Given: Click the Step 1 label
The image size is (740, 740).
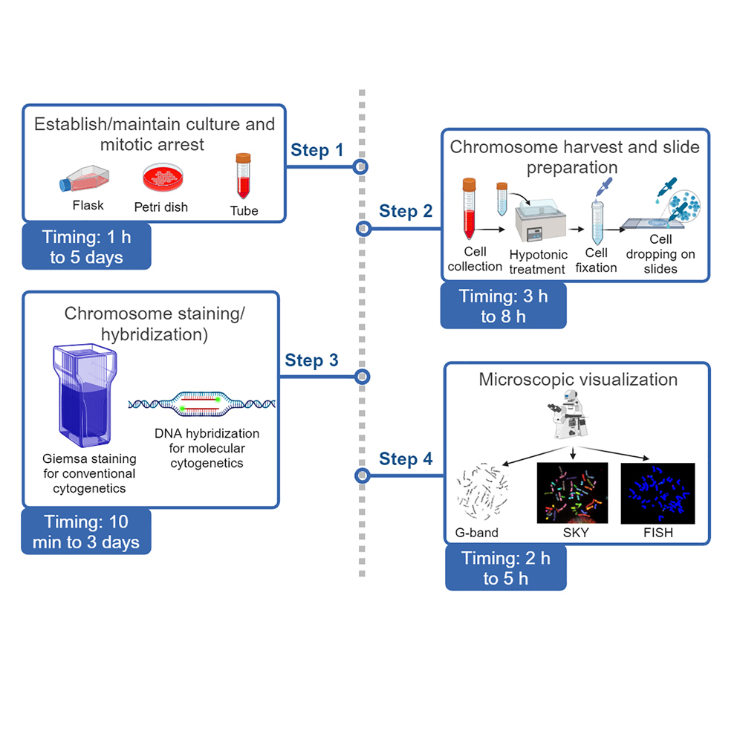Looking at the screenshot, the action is click(317, 150).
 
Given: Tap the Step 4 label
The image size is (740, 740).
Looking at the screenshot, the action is click(406, 458).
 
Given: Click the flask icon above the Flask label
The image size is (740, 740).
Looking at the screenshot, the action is click(85, 178).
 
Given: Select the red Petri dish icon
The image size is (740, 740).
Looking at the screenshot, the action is click(163, 178).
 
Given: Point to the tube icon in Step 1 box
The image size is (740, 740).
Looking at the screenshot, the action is click(244, 175).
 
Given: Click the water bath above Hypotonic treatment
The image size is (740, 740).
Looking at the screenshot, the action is click(540, 220).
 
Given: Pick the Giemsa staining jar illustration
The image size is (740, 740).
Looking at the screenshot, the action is click(85, 395).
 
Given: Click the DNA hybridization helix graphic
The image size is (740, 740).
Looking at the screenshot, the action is click(202, 404).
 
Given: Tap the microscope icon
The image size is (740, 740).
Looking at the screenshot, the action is click(569, 415).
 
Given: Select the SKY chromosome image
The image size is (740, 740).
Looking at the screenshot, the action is click(573, 493).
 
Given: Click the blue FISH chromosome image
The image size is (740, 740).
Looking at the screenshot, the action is click(658, 493).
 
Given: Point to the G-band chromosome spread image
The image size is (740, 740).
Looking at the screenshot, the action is click(482, 491).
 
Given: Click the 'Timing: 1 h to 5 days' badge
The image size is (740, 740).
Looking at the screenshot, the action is click(87, 247).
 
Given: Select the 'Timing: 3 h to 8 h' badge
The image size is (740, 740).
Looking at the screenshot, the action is click(504, 306).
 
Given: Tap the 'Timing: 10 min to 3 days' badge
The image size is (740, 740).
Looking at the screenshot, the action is click(86, 531).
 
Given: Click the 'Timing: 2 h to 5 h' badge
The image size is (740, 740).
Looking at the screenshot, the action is click(506, 568).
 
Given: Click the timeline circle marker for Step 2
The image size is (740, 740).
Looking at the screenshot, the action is click(363, 229).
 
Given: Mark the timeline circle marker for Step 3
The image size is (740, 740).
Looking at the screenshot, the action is click(362, 377).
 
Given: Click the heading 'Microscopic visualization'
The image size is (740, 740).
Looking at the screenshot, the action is click(578, 380).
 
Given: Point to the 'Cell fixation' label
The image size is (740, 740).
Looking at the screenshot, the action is click(596, 260).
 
